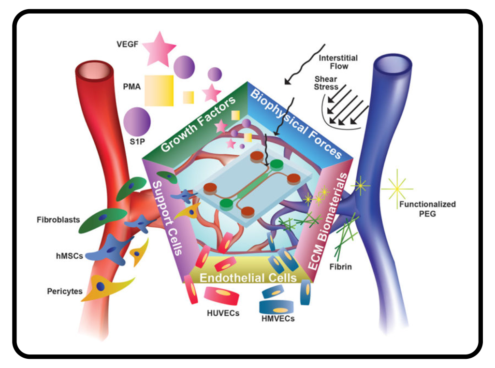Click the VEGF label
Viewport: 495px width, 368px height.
[x=128, y=44]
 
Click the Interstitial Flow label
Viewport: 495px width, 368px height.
[x=338, y=62]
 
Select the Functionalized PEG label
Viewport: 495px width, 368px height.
[x=427, y=208]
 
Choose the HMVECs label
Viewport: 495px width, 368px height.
[x=278, y=319]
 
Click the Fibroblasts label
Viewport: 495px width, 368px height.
[x=58, y=220]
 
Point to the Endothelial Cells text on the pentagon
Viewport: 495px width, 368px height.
[x=248, y=278]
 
